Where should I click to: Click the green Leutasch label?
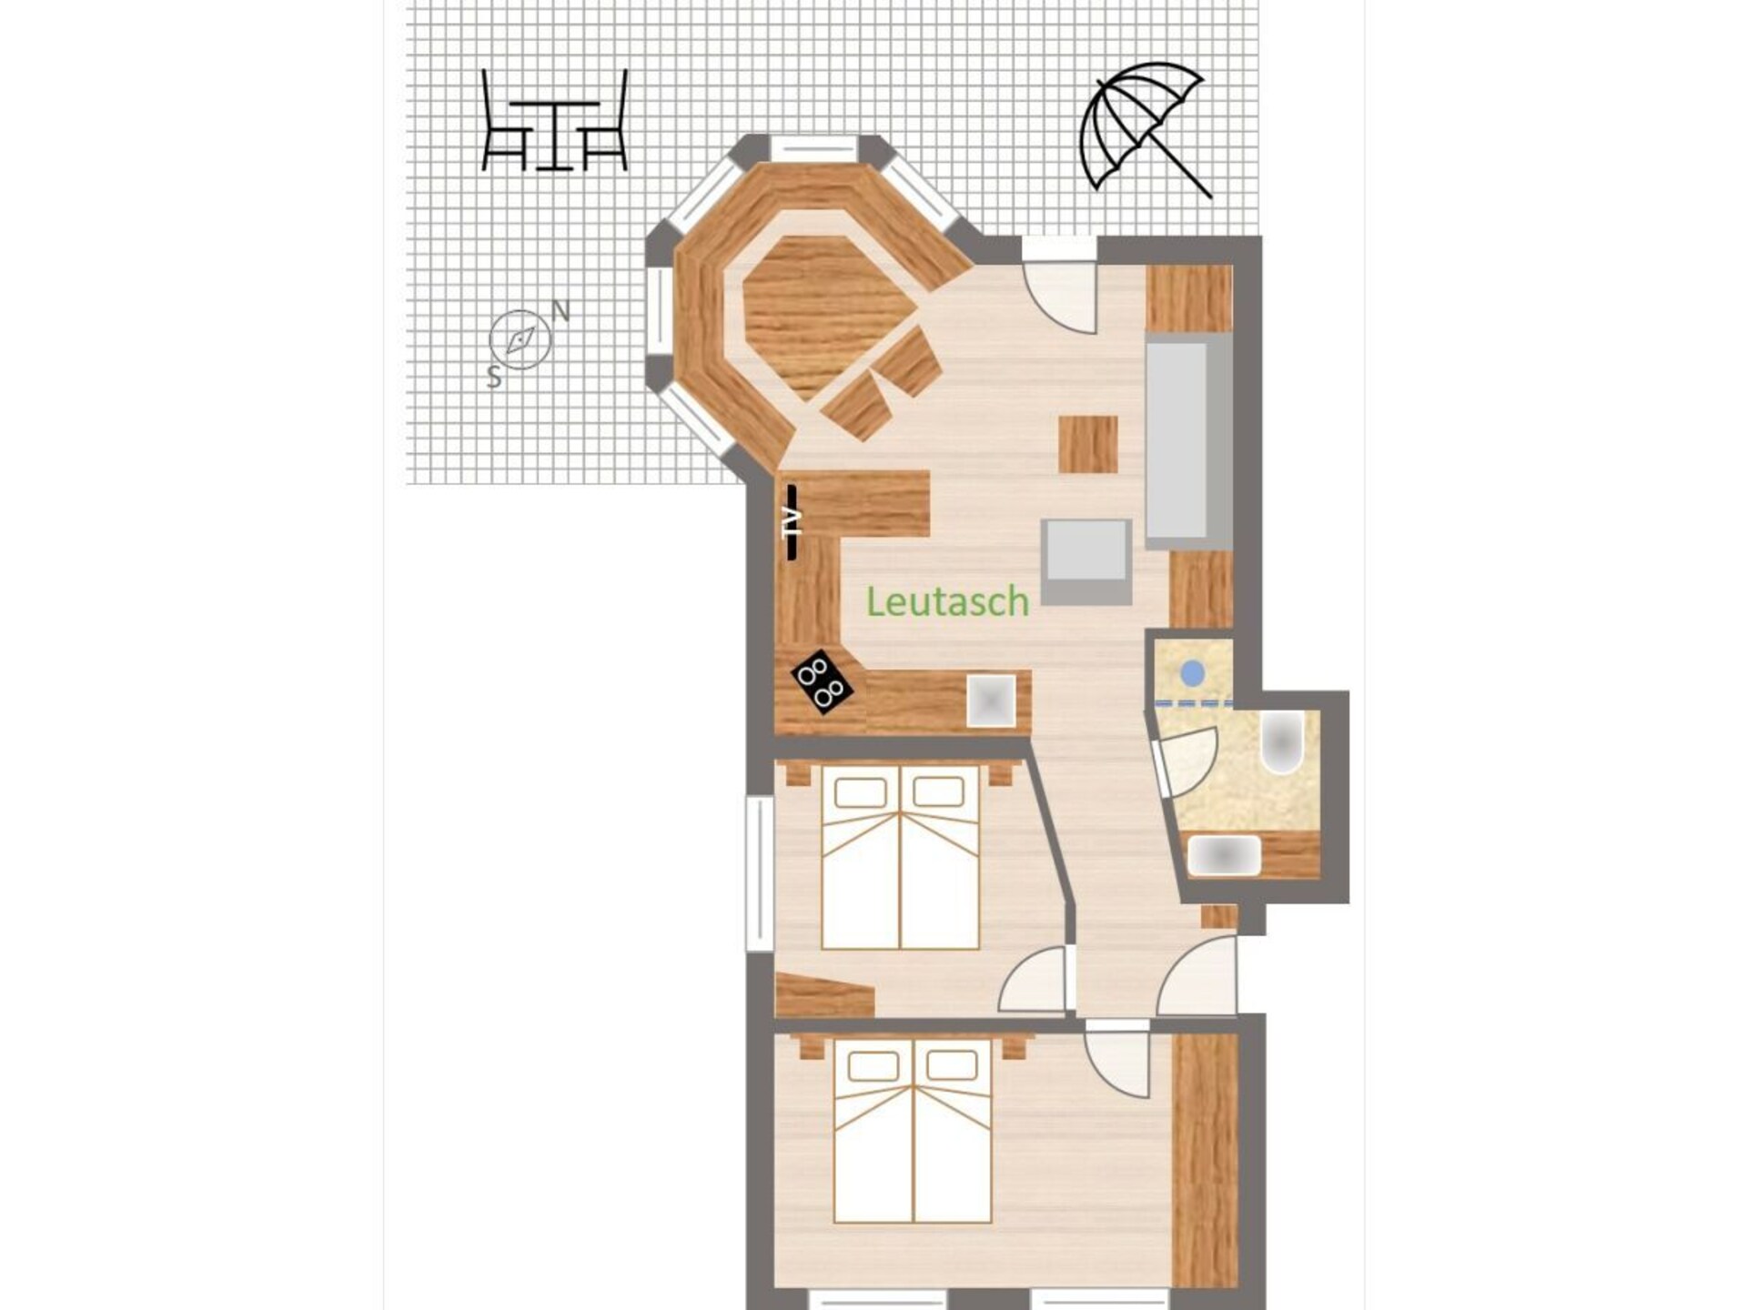pyautogui.click(x=947, y=601)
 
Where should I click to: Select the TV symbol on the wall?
pyautogui.click(x=793, y=521)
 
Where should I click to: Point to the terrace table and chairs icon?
pyautogui.click(x=554, y=120)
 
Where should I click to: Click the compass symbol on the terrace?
pyautogui.click(x=520, y=340)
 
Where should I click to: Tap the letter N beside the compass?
pyautogui.click(x=561, y=312)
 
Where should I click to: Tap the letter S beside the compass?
pyautogui.click(x=494, y=377)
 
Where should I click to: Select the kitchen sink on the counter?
pyautogui.click(x=991, y=700)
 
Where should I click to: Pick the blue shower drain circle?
pyautogui.click(x=1193, y=673)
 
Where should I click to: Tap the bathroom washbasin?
pyautogui.click(x=1225, y=856)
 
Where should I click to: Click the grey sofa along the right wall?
pyautogui.click(x=1188, y=441)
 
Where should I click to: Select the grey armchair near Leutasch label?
pyautogui.click(x=1086, y=561)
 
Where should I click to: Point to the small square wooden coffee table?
pyautogui.click(x=1088, y=444)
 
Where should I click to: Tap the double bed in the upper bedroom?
pyautogui.click(x=900, y=857)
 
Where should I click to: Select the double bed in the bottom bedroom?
pyautogui.click(x=913, y=1131)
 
